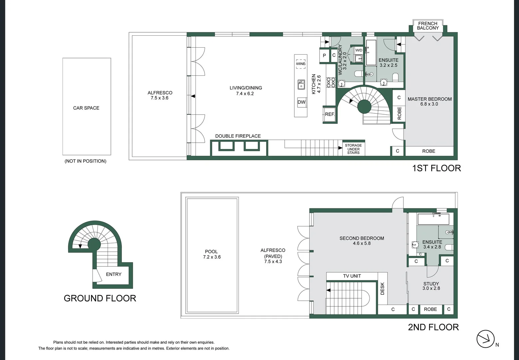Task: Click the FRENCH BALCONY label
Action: tap(428, 26)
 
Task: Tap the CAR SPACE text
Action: tap(86, 108)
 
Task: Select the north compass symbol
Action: tap(485, 339)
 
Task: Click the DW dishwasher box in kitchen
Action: tap(301, 102)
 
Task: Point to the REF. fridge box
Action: tap(329, 114)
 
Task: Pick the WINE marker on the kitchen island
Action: tap(300, 64)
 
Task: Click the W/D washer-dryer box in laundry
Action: tap(359, 50)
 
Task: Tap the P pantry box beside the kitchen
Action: tap(324, 56)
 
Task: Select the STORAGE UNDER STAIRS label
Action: tap(353, 149)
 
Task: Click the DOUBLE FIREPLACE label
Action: tap(238, 136)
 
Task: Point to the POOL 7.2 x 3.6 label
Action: tap(212, 254)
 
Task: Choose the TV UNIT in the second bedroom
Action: tap(352, 276)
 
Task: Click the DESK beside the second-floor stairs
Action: tap(382, 288)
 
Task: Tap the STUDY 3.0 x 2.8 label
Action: tap(431, 286)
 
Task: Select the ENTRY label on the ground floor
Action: tap(114, 274)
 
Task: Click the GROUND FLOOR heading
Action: tap(100, 298)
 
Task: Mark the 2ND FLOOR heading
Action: tap(433, 327)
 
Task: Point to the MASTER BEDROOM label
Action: tap(429, 101)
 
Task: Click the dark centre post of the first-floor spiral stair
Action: tap(364, 107)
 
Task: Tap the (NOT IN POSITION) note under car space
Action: tap(86, 161)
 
